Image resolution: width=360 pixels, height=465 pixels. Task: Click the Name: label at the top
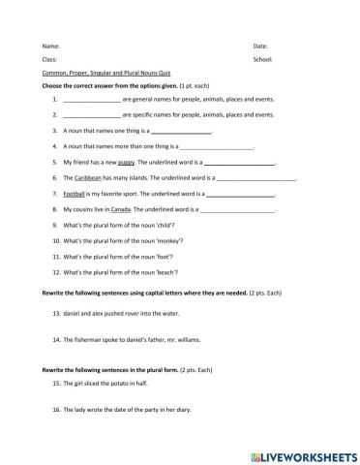point(51,46)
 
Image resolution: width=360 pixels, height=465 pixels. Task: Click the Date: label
point(260,46)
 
